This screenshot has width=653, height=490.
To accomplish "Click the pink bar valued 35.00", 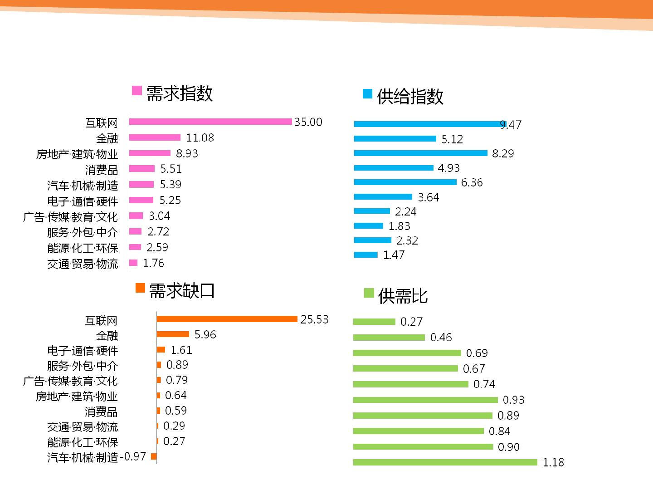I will coord(210,122).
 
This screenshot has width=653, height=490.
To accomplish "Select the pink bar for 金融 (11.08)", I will coord(155,137).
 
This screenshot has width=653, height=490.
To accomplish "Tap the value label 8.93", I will coord(187,153).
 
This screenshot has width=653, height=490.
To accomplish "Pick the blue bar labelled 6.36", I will coord(405,182).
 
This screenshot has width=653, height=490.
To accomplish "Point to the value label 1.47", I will coord(394,255).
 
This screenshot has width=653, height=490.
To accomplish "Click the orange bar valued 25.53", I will coord(227,319).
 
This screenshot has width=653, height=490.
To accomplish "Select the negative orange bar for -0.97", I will coord(154,456).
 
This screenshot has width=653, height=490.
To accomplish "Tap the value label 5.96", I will coord(205,334).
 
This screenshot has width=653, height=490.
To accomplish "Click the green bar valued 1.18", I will coord(445,462).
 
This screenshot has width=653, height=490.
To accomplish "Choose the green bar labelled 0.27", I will coord(374,322).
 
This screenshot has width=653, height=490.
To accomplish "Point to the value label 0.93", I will coord(513,400).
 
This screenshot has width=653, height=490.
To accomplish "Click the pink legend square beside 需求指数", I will coord(137,90).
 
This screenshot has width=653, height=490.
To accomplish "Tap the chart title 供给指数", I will coord(410,97).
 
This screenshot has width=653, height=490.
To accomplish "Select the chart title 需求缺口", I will coord(182,291).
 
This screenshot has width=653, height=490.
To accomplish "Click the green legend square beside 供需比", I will coord(369,293).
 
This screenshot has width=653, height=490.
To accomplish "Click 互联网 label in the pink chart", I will coord(102,122).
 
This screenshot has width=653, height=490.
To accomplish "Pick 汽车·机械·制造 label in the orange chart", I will coord(83,457).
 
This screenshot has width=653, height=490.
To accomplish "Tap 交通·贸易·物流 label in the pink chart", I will coord(83,264).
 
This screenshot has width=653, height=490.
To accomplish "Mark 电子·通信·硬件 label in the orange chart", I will coord(83,351).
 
